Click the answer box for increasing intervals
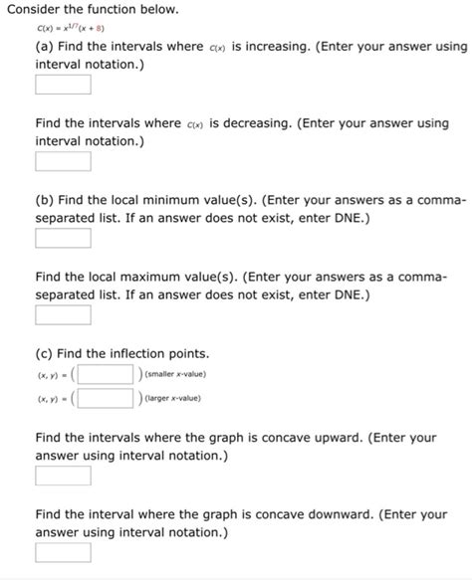[x=63, y=84]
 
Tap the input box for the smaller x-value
[x=107, y=374]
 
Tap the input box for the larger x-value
[x=107, y=398]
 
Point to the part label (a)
[x=45, y=48]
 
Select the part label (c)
[x=45, y=353]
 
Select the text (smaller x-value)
[x=175, y=374]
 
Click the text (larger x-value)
[x=173, y=398]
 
